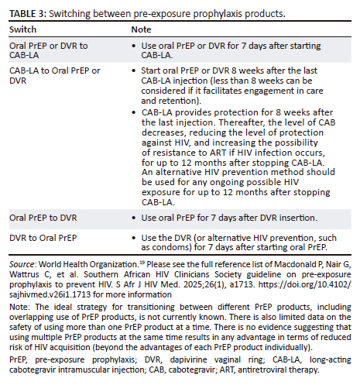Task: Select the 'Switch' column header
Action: point(24,29)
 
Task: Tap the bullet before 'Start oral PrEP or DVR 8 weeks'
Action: point(135,72)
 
